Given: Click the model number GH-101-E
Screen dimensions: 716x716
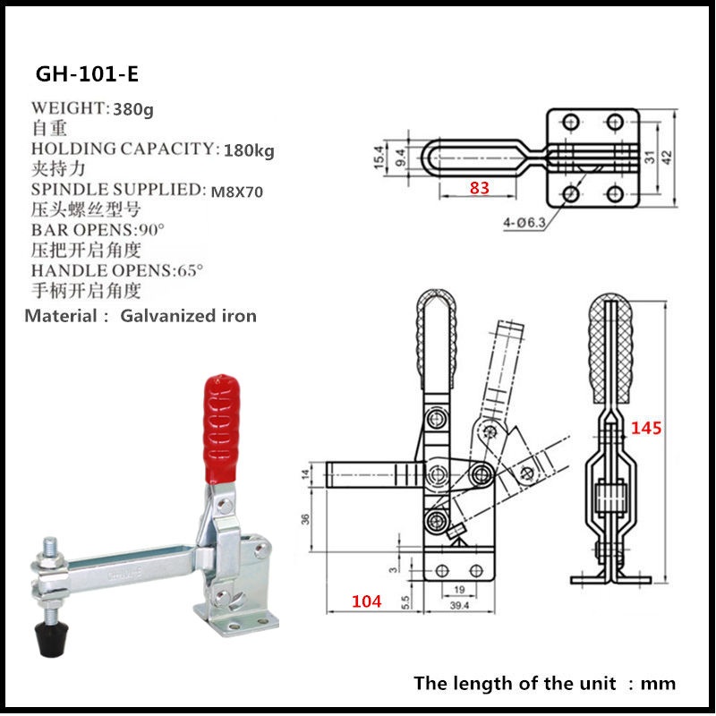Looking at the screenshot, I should pos(87,72).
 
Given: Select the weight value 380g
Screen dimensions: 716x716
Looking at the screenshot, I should pos(132,109).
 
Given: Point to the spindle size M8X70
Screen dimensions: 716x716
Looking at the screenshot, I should pos(237,191).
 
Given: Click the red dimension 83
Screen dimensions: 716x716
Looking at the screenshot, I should pos(480,187).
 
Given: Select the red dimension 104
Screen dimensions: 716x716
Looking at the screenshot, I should pos(366,601).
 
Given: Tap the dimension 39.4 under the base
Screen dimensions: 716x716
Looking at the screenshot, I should pos(460,606).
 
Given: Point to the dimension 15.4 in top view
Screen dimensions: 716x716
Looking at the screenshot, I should pos(379,158).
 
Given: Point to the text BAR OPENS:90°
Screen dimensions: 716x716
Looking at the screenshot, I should pos(91,230).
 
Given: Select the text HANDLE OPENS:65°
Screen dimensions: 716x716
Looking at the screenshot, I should pos(116,270).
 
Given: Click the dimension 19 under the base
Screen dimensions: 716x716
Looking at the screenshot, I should pos(459,591).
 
